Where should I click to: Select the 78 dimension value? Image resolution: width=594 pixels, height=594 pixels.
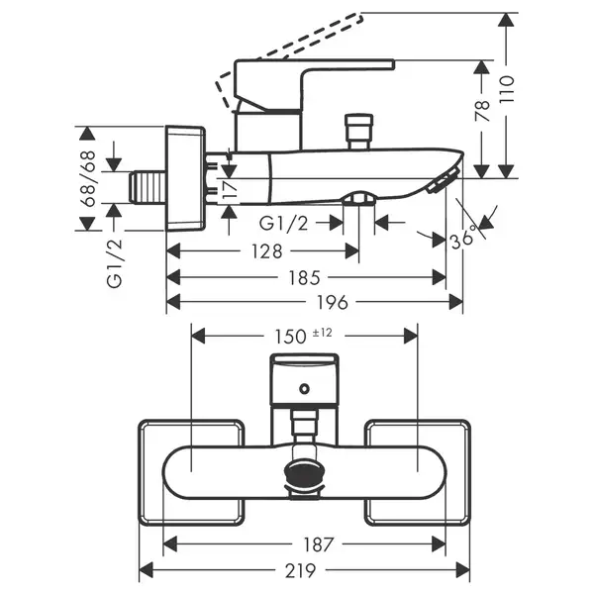tap(483, 111)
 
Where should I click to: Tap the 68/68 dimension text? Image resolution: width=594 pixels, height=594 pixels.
tap(89, 178)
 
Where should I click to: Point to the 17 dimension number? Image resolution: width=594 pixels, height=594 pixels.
tap(229, 188)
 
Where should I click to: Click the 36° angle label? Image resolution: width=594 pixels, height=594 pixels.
tap(463, 238)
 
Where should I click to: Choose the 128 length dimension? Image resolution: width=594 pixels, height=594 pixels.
tap(267, 251)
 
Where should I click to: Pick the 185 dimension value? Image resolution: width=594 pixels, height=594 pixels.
tap(304, 277)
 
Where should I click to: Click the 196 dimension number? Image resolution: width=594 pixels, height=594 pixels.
tap(333, 303)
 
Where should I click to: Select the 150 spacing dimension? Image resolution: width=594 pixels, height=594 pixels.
tap(290, 337)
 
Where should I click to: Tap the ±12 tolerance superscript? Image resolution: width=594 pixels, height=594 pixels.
tap(323, 333)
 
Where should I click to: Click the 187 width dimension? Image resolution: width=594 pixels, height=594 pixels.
tap(318, 544)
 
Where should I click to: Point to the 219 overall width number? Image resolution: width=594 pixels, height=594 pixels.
tap(300, 570)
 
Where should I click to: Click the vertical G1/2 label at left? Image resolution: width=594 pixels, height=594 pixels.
tap(115, 263)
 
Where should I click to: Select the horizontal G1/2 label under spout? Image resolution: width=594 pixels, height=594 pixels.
tap(284, 224)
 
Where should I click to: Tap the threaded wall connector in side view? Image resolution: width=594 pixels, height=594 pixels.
tap(148, 187)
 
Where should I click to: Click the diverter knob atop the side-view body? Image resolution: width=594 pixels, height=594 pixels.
tap(359, 132)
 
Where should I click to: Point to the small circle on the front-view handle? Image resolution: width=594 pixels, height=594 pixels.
tap(304, 389)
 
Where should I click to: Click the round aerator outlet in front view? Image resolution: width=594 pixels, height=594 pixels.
tap(304, 473)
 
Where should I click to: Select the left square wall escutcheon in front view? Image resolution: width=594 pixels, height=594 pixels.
tap(191, 473)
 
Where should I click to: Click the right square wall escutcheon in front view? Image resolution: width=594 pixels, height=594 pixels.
tap(418, 473)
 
